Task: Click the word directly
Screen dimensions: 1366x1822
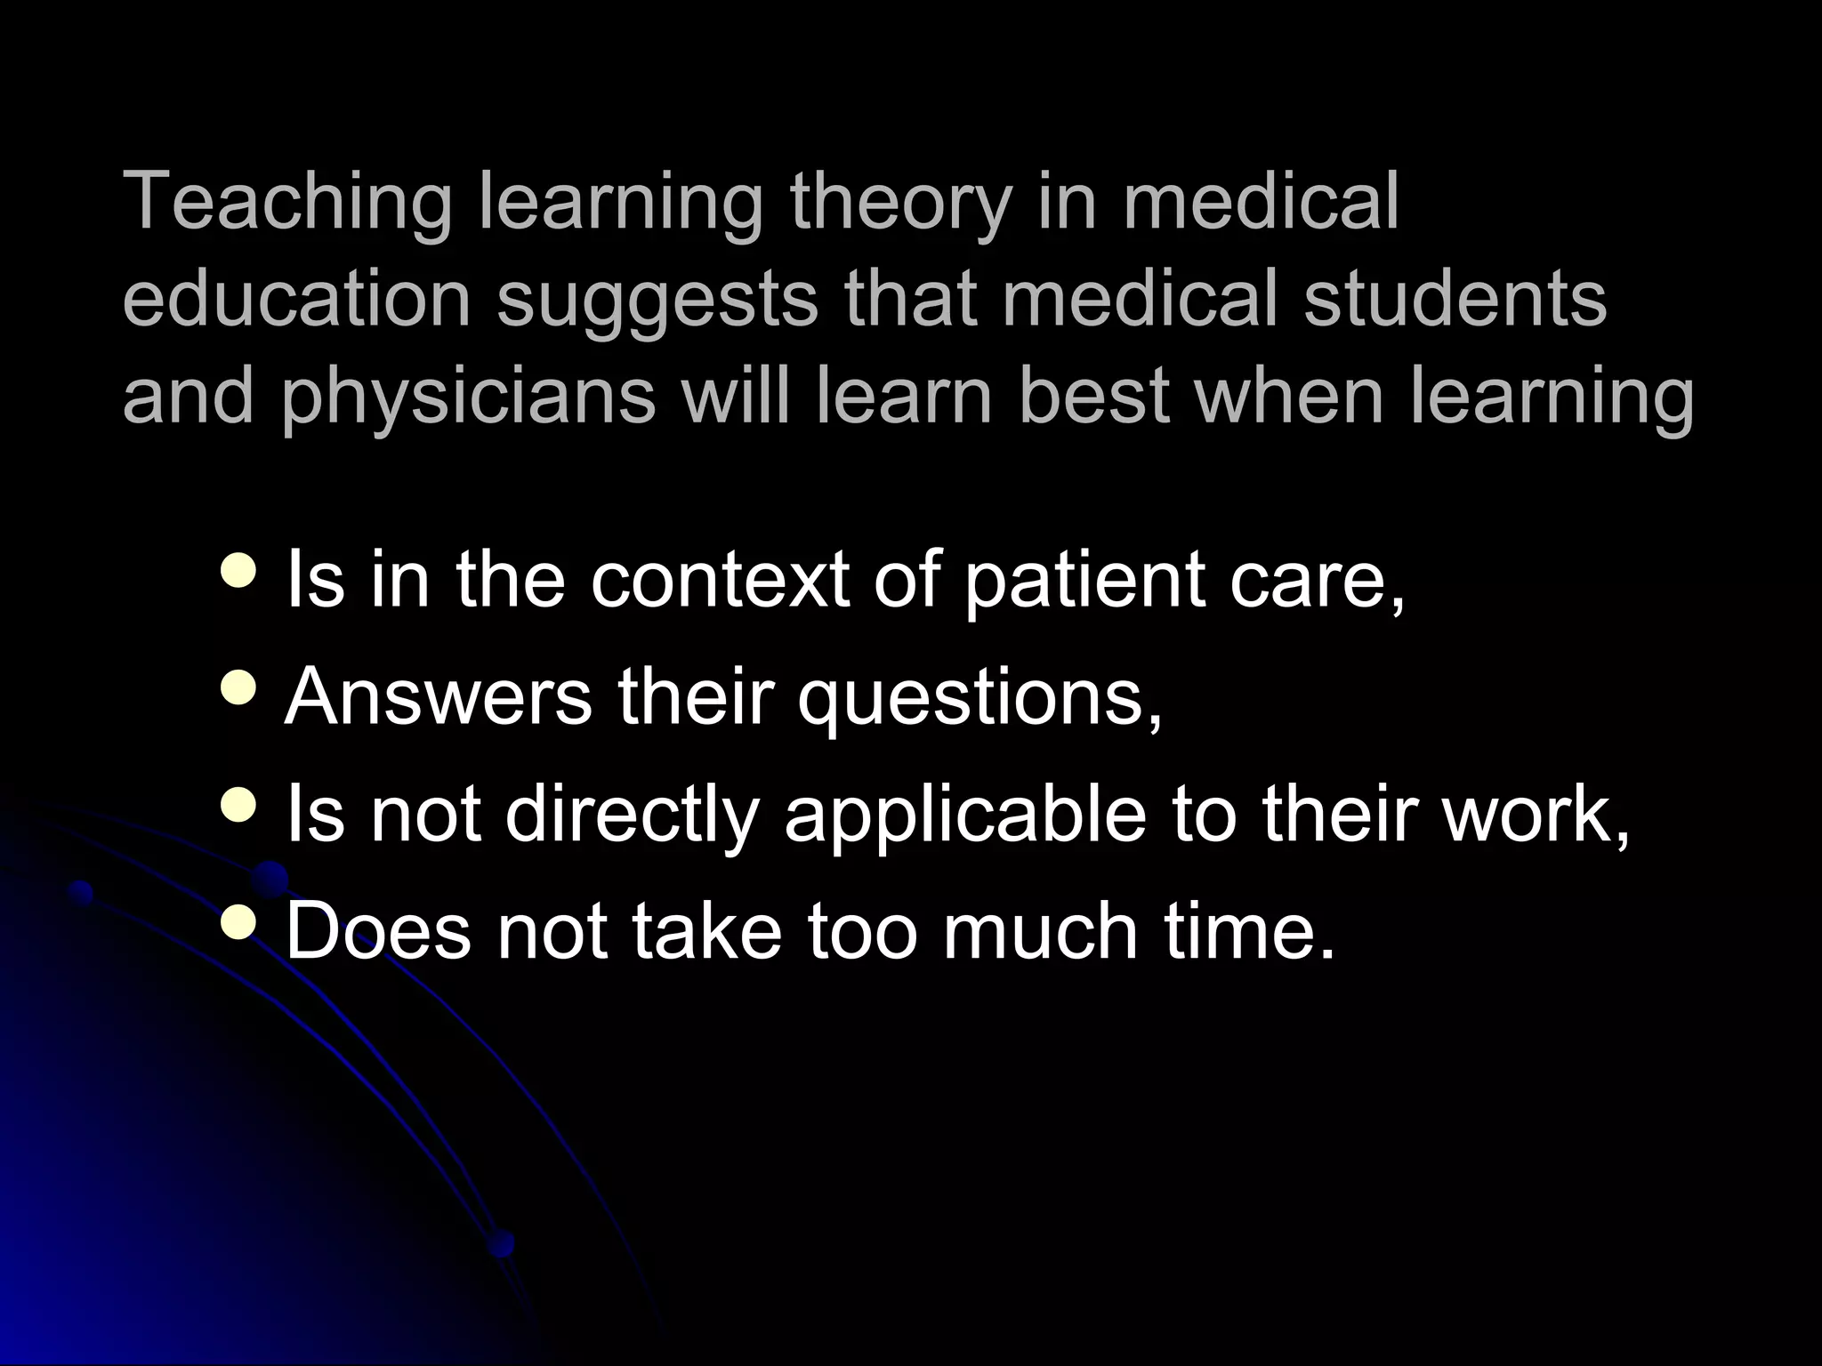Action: click(633, 816)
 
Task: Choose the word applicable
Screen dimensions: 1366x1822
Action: click(965, 816)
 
